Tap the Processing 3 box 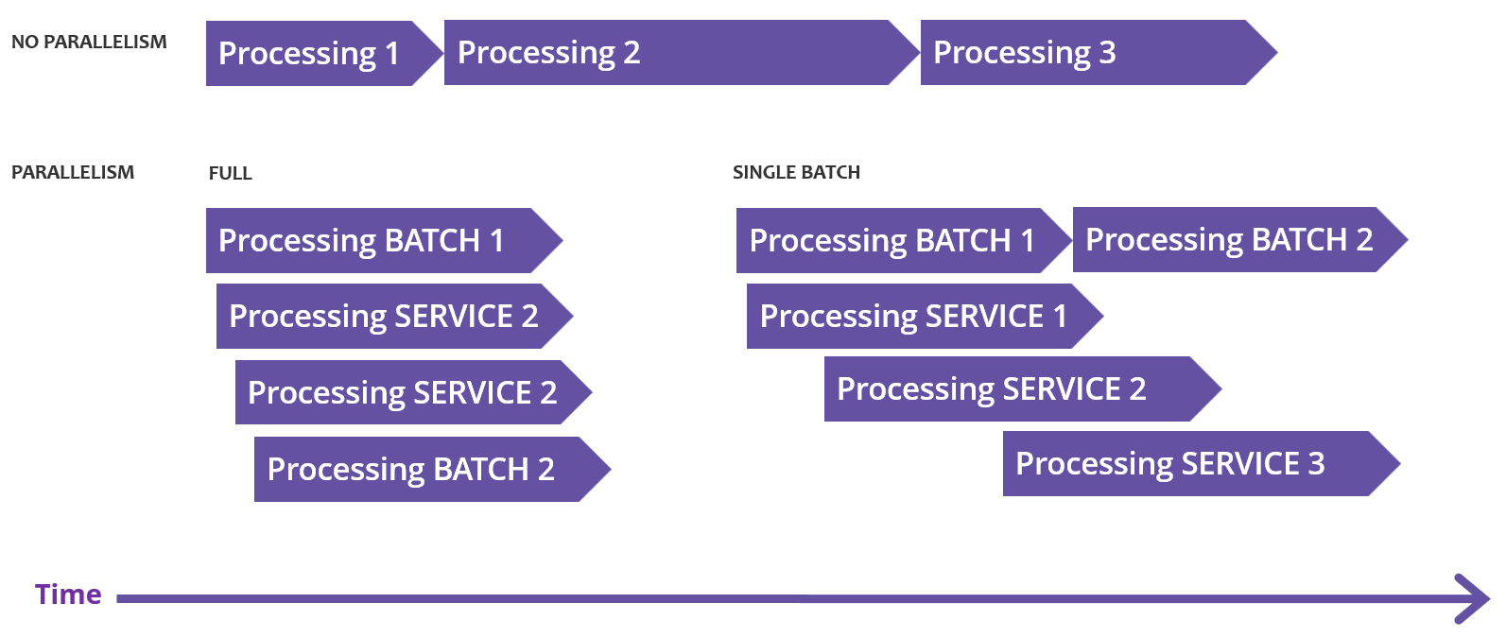pos(1087,53)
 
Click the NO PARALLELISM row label pos(89,42)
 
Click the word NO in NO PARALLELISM pos(25,42)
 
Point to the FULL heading pos(230,173)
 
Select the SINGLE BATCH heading pos(796,172)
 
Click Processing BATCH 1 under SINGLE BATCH pos(893,241)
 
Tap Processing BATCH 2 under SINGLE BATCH pos(1229,240)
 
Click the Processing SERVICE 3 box pos(1186,464)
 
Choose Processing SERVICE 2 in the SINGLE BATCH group pos(1007,389)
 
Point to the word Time pos(68,595)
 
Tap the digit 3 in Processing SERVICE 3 pos(1316,464)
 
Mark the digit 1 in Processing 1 pos(392,54)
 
